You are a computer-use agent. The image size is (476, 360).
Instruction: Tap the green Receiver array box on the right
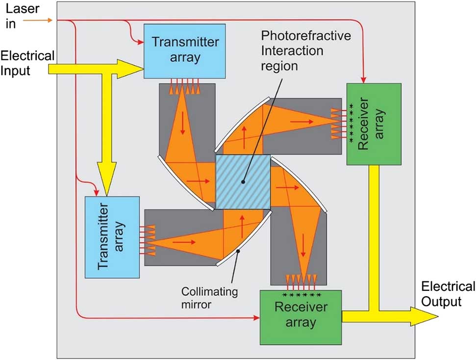374,124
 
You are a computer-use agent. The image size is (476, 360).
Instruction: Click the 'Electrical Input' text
27,63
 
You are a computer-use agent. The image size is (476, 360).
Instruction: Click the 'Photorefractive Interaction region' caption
292,51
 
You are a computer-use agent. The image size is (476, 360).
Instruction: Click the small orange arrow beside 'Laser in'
44,20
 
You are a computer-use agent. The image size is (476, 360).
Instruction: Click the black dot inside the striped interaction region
243,181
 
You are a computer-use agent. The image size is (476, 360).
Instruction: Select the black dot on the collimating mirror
239,251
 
